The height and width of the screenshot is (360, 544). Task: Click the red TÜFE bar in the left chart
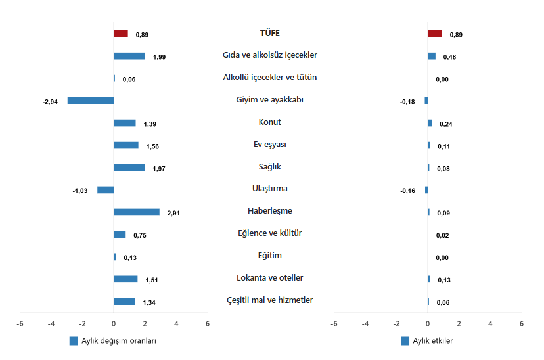(x=121, y=34)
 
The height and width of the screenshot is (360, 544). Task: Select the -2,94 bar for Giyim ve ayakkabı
(x=91, y=101)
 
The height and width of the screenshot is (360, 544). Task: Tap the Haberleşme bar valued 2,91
(x=137, y=212)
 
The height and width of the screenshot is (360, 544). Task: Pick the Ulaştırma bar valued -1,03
(x=106, y=190)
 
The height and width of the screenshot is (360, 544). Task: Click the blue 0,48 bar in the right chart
(x=432, y=56)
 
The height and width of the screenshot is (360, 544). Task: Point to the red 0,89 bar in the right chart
(x=435, y=34)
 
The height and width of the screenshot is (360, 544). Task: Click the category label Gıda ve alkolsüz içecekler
(x=270, y=55)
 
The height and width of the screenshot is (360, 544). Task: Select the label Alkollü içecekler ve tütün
(x=270, y=78)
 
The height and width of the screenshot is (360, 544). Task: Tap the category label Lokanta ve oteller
(x=270, y=278)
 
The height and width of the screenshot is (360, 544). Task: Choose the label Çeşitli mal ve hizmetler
(x=270, y=300)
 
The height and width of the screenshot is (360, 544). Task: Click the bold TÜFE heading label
(x=270, y=33)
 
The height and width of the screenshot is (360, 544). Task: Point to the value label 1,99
(x=159, y=57)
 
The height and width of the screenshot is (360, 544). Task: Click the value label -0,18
(x=407, y=102)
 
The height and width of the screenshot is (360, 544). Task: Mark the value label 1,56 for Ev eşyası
(x=152, y=146)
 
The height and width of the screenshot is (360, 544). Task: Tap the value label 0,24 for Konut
(x=446, y=124)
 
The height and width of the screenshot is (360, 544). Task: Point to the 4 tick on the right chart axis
(x=490, y=324)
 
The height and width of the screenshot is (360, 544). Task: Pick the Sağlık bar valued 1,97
(x=129, y=168)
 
